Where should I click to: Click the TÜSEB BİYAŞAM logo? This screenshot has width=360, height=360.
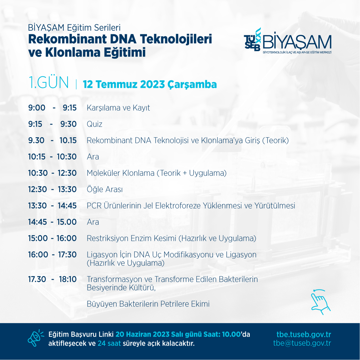tap(288, 41)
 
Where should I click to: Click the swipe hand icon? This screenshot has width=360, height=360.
tap(321, 302)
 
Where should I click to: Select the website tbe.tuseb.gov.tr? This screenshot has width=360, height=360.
tap(304, 334)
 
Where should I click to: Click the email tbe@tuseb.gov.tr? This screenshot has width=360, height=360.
tap(302, 343)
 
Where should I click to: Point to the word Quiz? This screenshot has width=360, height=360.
tap(94, 124)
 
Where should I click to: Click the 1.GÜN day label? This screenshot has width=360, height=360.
tap(48, 83)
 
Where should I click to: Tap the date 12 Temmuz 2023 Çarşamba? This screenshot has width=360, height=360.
tap(150, 84)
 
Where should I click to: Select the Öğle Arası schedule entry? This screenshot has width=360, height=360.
tap(105, 189)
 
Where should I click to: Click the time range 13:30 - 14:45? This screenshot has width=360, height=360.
tap(52, 205)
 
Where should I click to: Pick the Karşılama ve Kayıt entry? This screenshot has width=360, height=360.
tap(118, 108)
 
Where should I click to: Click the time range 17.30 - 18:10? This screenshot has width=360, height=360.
tap(52, 279)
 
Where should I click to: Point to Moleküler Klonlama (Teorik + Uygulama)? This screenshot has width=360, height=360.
tap(157, 173)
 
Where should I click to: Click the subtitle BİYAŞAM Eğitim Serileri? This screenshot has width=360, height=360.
tap(74, 28)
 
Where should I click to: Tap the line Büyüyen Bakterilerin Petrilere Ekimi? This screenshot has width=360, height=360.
tap(148, 304)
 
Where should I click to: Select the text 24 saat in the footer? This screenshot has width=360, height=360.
tap(109, 343)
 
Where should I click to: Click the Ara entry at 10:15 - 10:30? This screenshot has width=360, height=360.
tap(93, 157)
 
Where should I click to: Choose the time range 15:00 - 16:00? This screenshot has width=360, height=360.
tap(52, 238)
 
